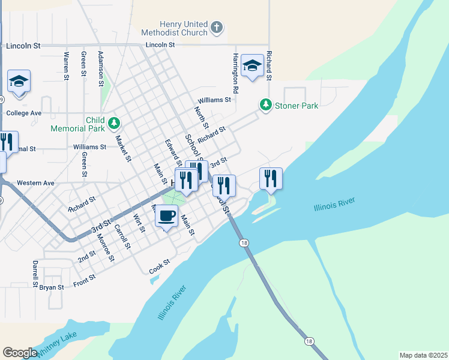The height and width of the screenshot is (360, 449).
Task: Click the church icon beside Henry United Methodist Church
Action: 217,28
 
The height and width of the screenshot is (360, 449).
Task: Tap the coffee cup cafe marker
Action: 167,215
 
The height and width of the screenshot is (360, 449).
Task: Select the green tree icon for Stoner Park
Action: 265,105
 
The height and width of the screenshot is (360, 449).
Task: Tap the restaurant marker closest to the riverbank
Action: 271,178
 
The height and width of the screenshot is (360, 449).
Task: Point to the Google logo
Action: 20,353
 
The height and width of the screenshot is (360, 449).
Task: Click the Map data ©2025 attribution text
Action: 423,355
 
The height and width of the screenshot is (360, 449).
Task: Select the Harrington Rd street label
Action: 236,73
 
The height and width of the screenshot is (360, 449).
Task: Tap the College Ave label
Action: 23,113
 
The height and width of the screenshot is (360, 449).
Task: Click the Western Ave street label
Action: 35,182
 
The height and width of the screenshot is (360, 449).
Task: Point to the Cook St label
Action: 160,266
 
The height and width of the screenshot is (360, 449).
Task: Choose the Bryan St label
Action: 52,287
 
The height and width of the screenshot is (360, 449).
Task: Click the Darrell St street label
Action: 35,271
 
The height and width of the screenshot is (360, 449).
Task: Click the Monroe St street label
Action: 106,247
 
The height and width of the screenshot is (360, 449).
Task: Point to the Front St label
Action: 84,280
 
